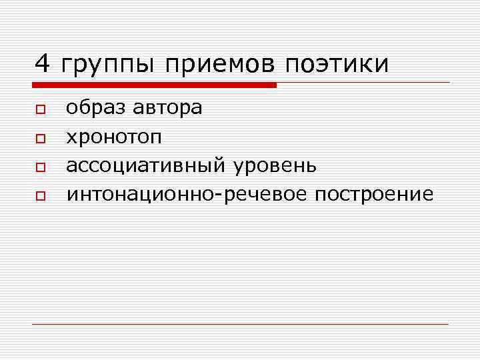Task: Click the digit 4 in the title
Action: point(42,64)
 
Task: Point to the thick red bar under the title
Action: point(154,85)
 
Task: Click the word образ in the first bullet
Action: point(95,107)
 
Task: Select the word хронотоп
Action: point(113,137)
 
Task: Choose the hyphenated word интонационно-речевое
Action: point(187,194)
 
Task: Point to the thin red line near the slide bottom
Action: point(240,324)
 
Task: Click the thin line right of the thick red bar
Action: point(363,83)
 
